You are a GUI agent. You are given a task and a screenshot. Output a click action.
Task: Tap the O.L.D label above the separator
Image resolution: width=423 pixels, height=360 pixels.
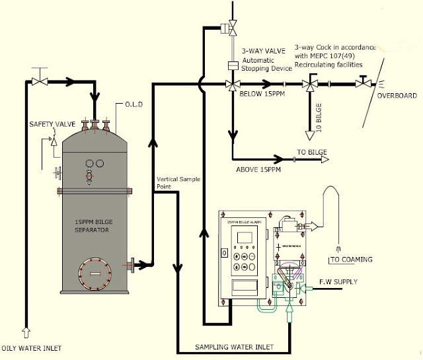133,104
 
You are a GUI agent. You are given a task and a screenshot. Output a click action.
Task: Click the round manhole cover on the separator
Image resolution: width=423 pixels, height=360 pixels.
95,272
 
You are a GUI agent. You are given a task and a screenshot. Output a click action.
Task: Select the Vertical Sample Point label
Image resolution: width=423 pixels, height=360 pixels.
178,183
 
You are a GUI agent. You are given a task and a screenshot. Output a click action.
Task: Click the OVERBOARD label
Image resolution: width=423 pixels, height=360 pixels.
397,96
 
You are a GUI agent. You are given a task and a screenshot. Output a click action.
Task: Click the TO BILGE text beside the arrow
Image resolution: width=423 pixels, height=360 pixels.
312,153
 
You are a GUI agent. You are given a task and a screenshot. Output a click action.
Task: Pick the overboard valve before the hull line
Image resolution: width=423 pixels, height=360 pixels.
363,84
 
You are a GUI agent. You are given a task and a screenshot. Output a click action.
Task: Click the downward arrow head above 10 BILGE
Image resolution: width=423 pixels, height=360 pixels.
309,135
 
